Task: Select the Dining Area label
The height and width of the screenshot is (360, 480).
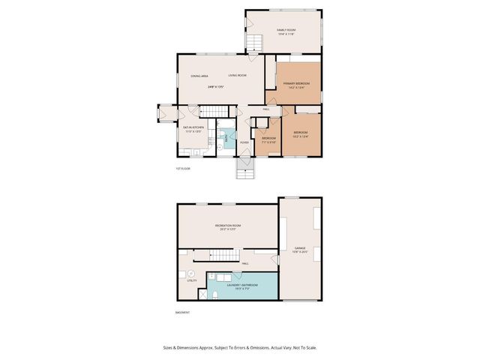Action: [199, 76]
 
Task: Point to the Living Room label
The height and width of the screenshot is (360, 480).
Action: [237, 76]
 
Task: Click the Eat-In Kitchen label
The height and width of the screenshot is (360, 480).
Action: [193, 128]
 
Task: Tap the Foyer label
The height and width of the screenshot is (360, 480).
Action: [244, 142]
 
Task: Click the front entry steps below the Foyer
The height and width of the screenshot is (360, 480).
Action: [245, 171]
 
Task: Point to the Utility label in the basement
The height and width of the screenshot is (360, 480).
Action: [192, 280]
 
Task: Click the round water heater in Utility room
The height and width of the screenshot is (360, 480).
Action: [190, 273]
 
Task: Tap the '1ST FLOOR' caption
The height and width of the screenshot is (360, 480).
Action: [184, 169]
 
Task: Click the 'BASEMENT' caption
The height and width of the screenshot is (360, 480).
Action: [182, 313]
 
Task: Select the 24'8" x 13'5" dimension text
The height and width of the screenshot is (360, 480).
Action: [217, 87]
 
